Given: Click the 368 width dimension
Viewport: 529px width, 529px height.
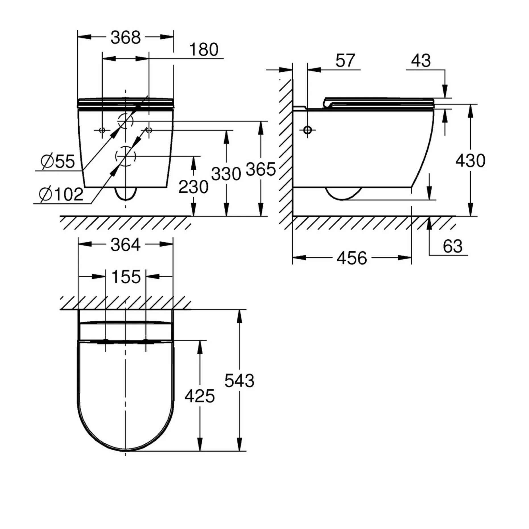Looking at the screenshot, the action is [x=125, y=38].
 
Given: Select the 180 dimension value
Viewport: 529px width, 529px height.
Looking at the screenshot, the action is [x=204, y=50].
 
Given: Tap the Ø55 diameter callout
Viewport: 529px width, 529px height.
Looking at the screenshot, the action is [x=58, y=162].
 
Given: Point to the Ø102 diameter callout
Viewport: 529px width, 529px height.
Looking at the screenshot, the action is [x=61, y=195].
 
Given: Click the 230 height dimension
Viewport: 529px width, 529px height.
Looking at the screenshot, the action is [x=193, y=187].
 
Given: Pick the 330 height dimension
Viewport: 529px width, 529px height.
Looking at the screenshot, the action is [x=226, y=174].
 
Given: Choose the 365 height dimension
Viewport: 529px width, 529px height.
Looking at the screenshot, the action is [x=261, y=169].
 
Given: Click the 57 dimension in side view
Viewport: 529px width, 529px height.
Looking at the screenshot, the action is [x=345, y=61].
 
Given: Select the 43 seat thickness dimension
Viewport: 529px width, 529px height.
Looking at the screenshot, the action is [x=421, y=61].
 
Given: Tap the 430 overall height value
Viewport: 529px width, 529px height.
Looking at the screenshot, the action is [x=470, y=161].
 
